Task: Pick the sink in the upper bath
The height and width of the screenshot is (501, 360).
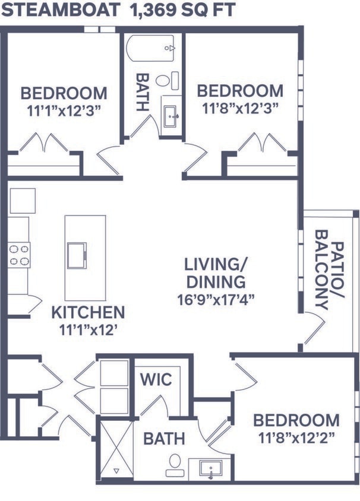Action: point(171,115)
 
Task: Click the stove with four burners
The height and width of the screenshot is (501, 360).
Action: point(19,255)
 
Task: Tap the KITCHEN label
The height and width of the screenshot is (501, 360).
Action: point(88,312)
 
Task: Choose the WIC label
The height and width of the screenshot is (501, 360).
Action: point(156,379)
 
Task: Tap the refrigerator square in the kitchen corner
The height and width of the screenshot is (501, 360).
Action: point(23,201)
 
